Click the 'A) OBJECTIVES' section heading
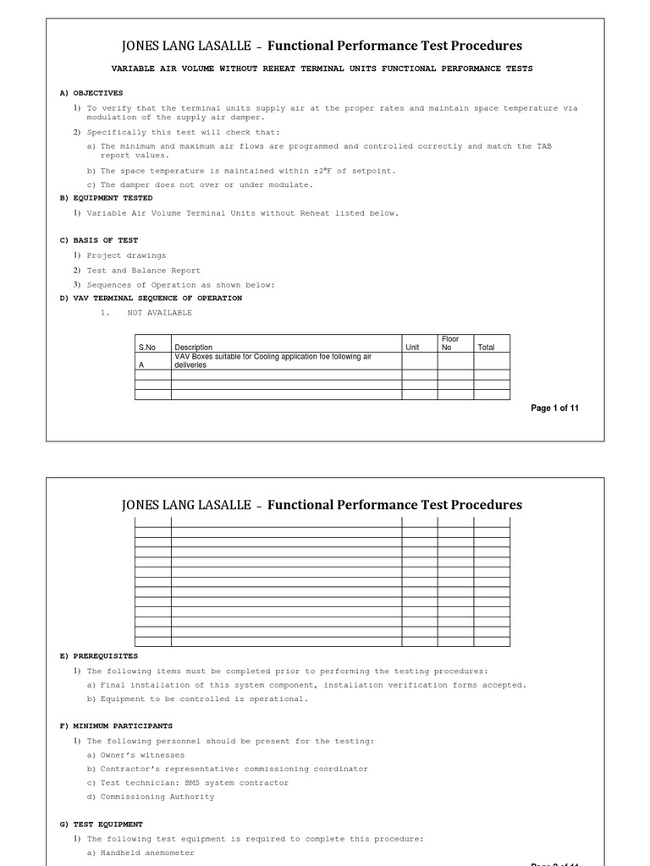(x=91, y=93)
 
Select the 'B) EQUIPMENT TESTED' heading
(x=106, y=198)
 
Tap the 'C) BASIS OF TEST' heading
(x=98, y=240)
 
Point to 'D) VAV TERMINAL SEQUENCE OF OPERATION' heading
(x=151, y=298)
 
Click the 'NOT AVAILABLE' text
(x=159, y=313)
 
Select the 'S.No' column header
(x=147, y=348)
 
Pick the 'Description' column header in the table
(x=194, y=348)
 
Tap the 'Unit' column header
(x=412, y=348)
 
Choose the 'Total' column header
(x=486, y=348)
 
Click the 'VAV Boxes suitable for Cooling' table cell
(x=273, y=361)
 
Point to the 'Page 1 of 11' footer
(x=554, y=408)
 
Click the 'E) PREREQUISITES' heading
(x=98, y=655)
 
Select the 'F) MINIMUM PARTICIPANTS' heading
(x=116, y=726)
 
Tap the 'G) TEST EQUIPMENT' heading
(x=102, y=824)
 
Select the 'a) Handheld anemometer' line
(x=140, y=853)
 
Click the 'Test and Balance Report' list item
(x=143, y=271)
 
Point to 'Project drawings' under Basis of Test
(x=126, y=255)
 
